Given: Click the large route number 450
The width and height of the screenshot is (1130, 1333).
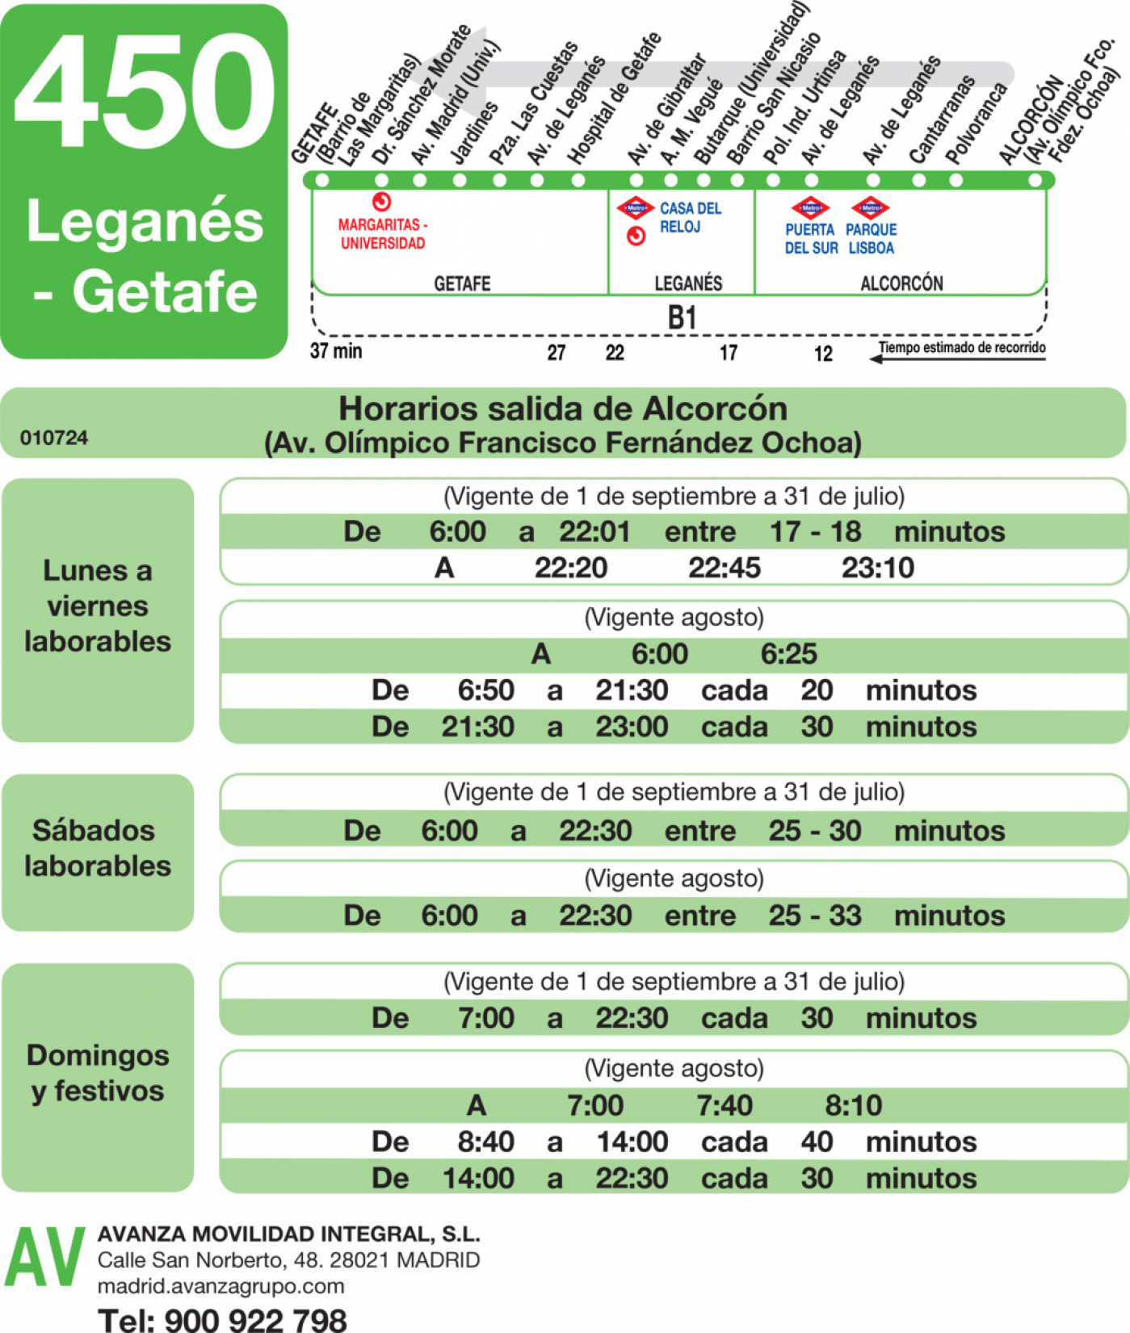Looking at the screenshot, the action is pyautogui.click(x=145, y=91).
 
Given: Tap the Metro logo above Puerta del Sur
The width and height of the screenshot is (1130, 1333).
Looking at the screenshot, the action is pyautogui.click(x=810, y=207).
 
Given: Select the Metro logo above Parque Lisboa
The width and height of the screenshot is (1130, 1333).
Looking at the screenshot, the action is pyautogui.click(x=870, y=207).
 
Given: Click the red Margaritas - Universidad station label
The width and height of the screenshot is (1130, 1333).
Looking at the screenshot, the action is pyautogui.click(x=383, y=234).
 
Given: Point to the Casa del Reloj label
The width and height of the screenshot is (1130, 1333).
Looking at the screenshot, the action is pyautogui.click(x=691, y=217).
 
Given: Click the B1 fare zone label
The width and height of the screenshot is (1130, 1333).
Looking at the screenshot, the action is pyautogui.click(x=683, y=317).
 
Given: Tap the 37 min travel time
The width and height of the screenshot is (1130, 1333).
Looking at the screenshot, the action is pyautogui.click(x=336, y=351).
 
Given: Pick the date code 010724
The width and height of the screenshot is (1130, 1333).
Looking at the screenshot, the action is pyautogui.click(x=54, y=438).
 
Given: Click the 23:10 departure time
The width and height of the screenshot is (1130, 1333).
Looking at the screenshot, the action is pyautogui.click(x=878, y=568).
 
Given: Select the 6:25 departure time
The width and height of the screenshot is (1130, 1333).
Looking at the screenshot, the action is pyautogui.click(x=788, y=653).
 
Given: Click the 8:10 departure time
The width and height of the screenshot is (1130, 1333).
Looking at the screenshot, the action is pyautogui.click(x=853, y=1105).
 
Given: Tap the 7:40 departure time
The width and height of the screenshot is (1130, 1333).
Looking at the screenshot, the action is pyautogui.click(x=725, y=1105).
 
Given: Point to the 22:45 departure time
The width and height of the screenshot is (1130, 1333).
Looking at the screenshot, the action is pyautogui.click(x=725, y=568).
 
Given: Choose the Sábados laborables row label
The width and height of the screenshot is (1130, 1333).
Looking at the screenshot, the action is pyautogui.click(x=98, y=848).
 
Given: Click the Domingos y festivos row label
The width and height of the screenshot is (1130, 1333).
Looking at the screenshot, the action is pyautogui.click(x=98, y=1073).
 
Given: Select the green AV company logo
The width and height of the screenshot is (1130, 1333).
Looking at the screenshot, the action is pyautogui.click(x=45, y=1258).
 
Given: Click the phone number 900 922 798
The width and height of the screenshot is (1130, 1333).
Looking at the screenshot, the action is pyautogui.click(x=255, y=1319).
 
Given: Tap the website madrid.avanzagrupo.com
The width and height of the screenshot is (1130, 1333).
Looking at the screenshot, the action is pyautogui.click(x=221, y=1286).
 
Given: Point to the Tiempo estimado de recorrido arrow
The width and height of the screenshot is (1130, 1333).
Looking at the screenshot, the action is pyautogui.click(x=957, y=358).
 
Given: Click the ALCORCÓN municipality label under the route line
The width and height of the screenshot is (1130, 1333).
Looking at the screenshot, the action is pyautogui.click(x=901, y=283).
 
